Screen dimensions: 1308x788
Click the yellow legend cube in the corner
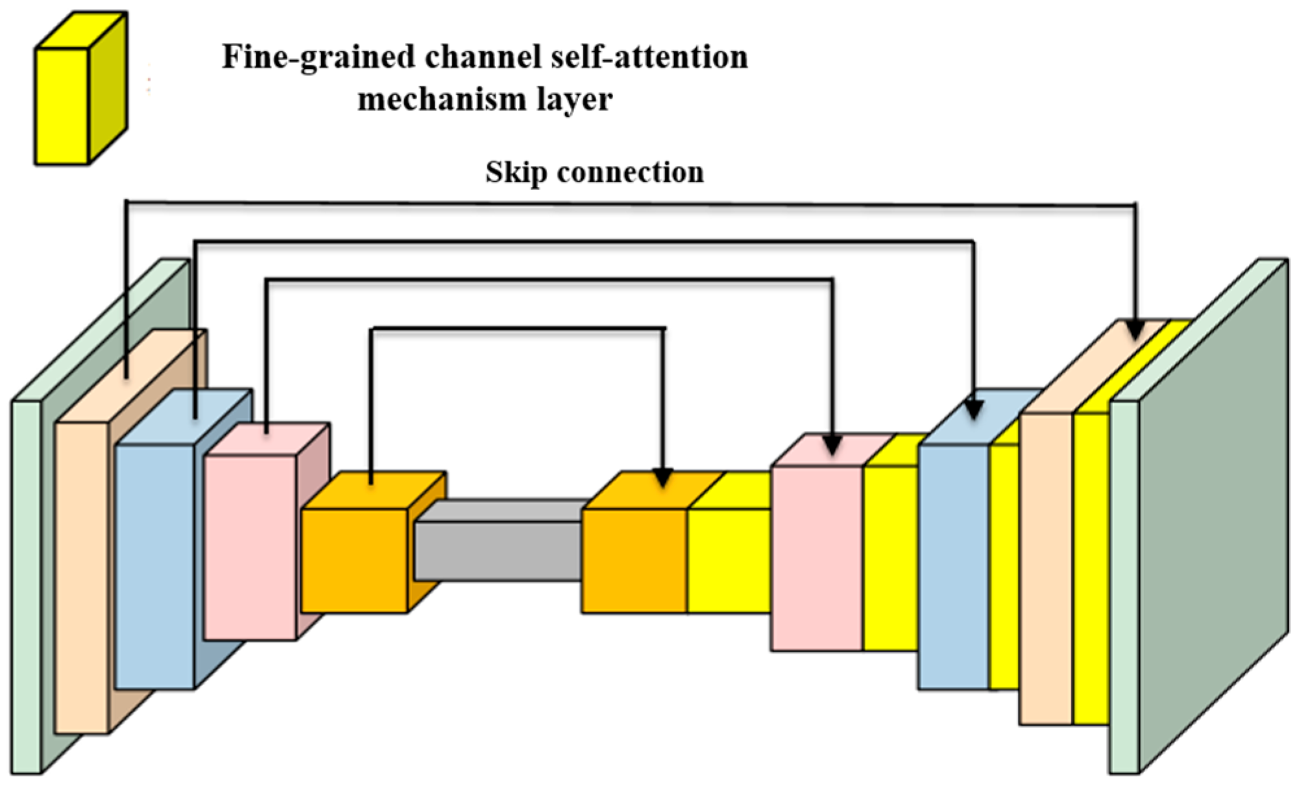click(81, 88)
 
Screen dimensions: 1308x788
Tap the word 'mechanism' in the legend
click(442, 99)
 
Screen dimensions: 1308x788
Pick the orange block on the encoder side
click(374, 542)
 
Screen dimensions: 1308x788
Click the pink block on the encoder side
click(267, 532)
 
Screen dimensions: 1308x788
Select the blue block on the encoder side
click(175, 539)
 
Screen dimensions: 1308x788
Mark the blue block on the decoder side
click(960, 539)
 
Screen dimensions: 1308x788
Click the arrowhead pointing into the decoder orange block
click(662, 478)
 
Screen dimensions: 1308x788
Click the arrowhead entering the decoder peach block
click(1135, 329)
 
